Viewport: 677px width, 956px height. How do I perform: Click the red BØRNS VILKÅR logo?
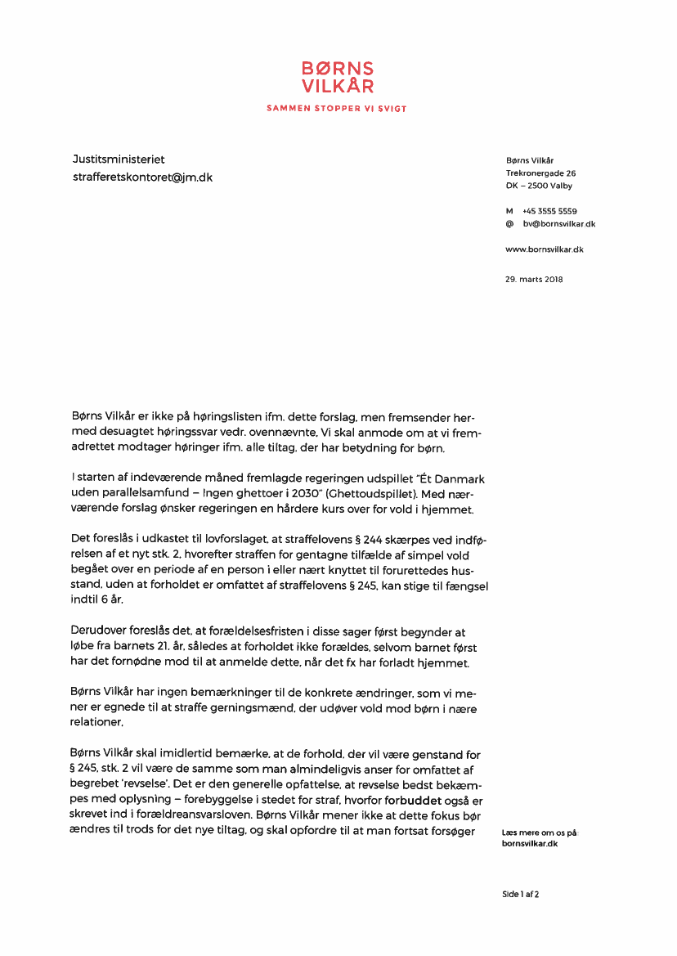tap(337, 77)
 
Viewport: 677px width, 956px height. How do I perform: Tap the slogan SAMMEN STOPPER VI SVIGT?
tap(337, 109)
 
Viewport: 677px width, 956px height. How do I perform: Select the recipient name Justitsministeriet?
tap(119, 159)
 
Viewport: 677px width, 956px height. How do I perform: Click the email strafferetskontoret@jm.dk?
tap(142, 177)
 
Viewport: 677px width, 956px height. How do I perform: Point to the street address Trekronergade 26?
tap(540, 173)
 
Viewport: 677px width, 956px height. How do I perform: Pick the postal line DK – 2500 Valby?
tap(539, 186)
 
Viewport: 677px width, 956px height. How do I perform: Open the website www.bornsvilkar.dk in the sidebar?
tap(545, 249)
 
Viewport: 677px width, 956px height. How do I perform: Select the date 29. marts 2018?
tap(535, 280)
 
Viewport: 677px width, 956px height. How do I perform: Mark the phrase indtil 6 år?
tap(97, 599)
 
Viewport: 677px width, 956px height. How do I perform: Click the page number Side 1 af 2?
tap(521, 895)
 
